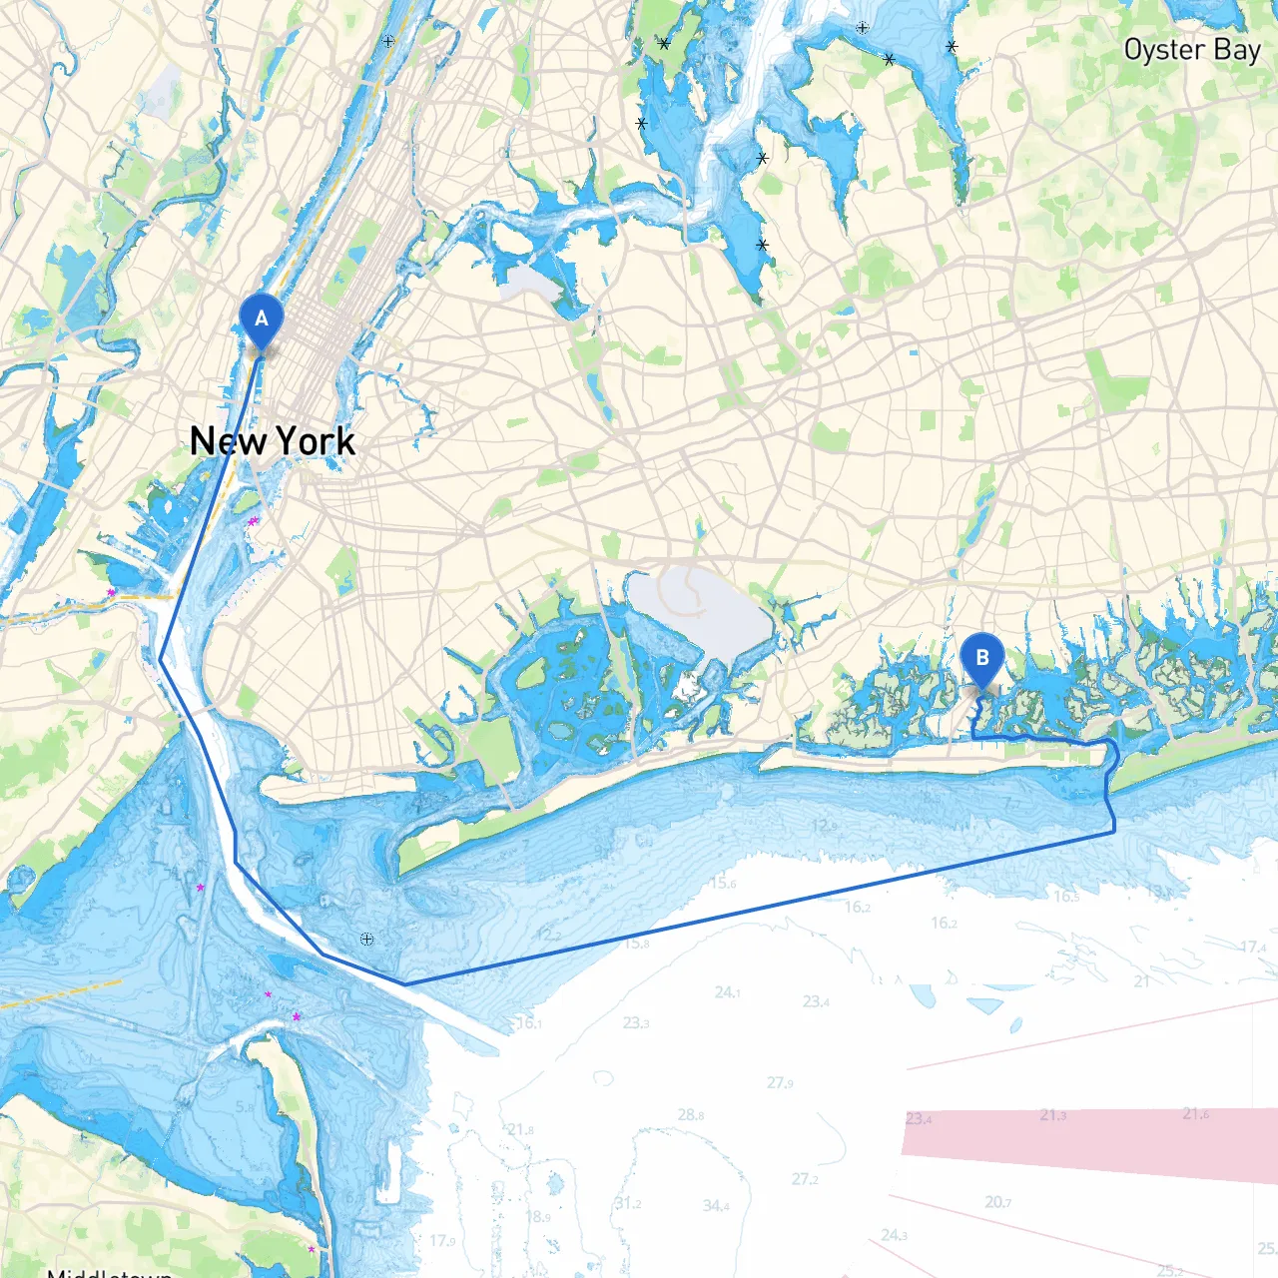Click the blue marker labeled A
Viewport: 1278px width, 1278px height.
pyautogui.click(x=262, y=320)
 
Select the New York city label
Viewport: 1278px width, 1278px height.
pyautogui.click(x=273, y=441)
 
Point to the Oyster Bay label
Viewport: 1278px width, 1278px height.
pyautogui.click(x=1192, y=50)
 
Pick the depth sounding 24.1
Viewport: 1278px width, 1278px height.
pyautogui.click(x=728, y=992)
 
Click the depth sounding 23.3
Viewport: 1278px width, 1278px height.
pyautogui.click(x=636, y=1022)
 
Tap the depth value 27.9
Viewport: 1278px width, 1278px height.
pyautogui.click(x=781, y=1082)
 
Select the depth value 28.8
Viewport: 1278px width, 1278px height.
pyautogui.click(x=691, y=1114)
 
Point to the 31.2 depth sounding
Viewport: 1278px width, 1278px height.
pyautogui.click(x=628, y=1203)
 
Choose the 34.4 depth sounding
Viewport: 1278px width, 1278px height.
pyautogui.click(x=716, y=1206)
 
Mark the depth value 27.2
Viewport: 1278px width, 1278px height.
pyautogui.click(x=805, y=1179)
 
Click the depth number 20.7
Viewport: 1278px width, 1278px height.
pyautogui.click(x=998, y=1202)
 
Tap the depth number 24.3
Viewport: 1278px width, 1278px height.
pyautogui.click(x=894, y=1235)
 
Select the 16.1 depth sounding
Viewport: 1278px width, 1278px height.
pyautogui.click(x=529, y=1023)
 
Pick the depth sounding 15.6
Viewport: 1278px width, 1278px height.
pyautogui.click(x=723, y=883)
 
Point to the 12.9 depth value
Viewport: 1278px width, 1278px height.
pyautogui.click(x=825, y=826)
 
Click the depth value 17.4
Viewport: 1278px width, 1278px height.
pyautogui.click(x=1253, y=947)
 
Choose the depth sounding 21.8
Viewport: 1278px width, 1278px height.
pyautogui.click(x=520, y=1129)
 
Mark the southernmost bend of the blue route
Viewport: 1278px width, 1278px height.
pyautogui.click(x=405, y=984)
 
